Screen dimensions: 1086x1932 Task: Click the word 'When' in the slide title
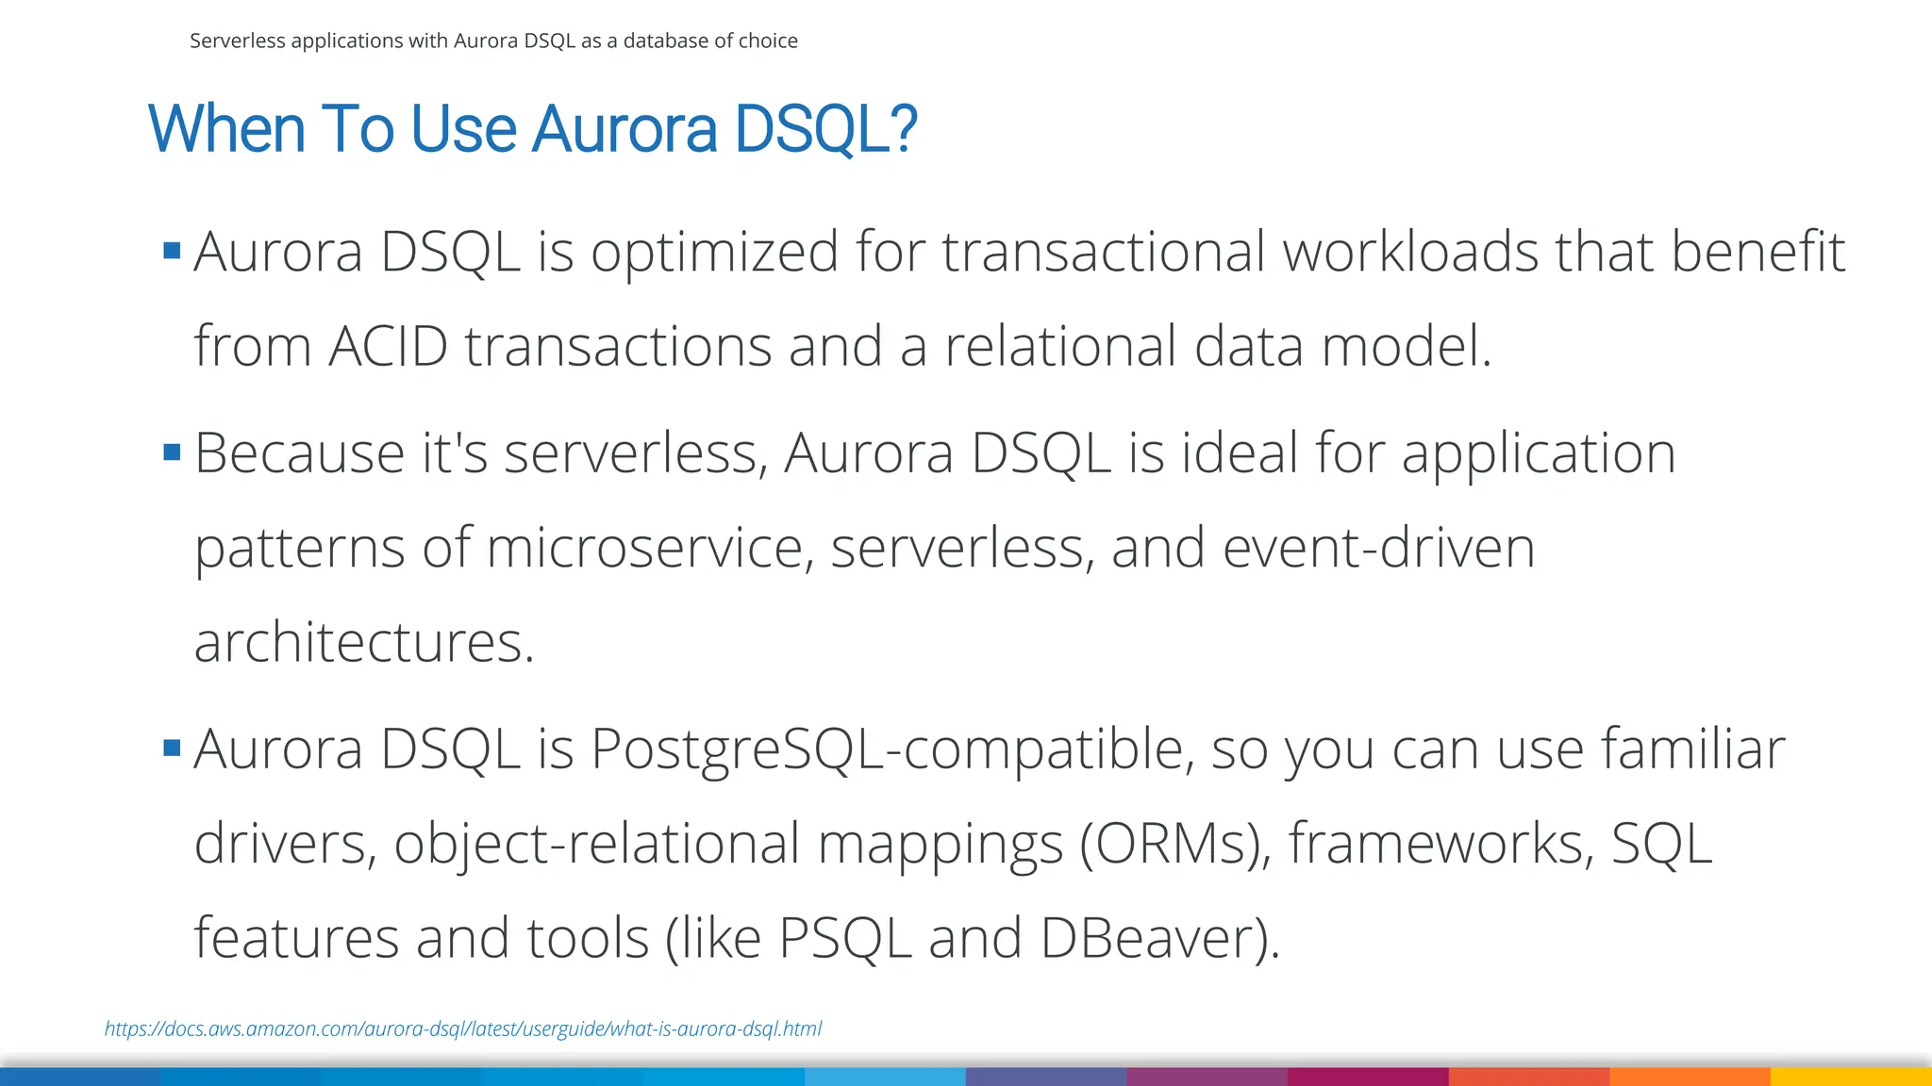[226, 129]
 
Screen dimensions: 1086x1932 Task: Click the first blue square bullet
[172, 251]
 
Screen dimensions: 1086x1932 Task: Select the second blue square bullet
[172, 452]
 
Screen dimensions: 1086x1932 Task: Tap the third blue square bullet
[172, 749]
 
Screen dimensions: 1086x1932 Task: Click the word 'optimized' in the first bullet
[714, 253]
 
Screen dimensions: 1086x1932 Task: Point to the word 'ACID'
[388, 346]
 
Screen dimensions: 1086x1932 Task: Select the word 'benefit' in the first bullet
[1757, 252]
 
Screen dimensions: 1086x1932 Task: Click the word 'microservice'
[644, 548]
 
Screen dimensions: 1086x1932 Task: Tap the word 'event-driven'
[1378, 548]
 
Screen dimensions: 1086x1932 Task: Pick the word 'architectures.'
[364, 643]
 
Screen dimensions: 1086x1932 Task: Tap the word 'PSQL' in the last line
[844, 939]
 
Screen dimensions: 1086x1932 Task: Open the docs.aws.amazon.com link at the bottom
[462, 1028]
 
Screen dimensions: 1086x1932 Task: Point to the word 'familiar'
[1693, 749]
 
